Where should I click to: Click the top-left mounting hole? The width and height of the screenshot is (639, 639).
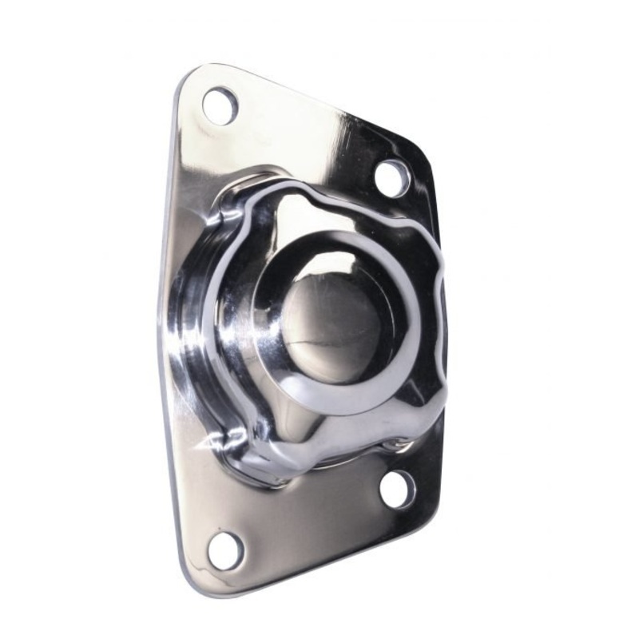pyautogui.click(x=220, y=105)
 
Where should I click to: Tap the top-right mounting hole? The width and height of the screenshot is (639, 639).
pyautogui.click(x=391, y=177)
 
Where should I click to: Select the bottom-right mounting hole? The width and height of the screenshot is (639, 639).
pyautogui.click(x=397, y=489)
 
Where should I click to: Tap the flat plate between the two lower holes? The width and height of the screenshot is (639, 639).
pyautogui.click(x=312, y=519)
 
